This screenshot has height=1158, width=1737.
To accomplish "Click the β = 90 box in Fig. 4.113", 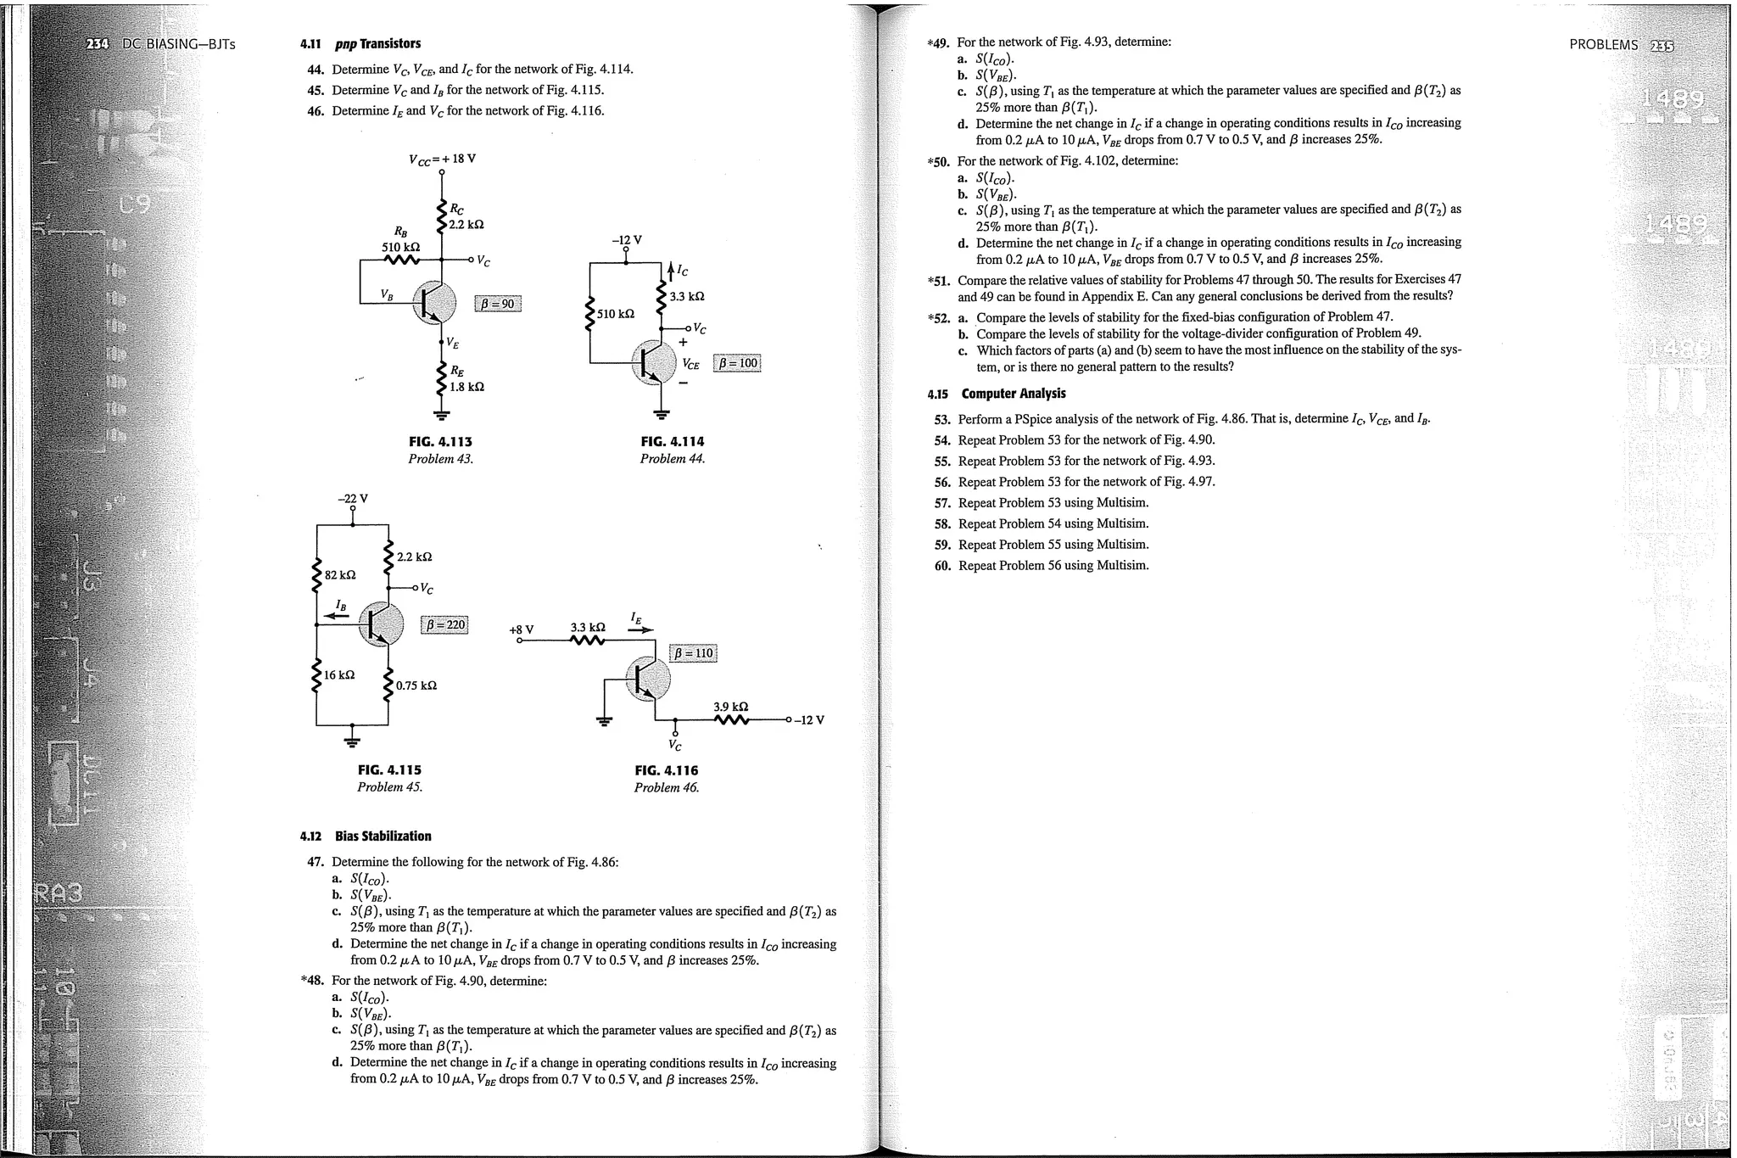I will (x=498, y=304).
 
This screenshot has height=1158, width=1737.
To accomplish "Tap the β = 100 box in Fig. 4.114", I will (x=737, y=363).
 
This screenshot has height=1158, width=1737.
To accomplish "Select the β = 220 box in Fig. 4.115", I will (x=444, y=625).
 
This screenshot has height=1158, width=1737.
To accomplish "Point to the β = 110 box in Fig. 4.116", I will (x=694, y=653).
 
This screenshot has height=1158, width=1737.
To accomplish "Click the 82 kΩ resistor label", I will (x=340, y=575).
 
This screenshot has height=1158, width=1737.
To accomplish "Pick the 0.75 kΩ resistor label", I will (x=416, y=685).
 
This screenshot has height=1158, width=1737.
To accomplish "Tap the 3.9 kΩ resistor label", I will (x=730, y=707).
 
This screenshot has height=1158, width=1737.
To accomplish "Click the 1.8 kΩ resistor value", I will (x=466, y=387).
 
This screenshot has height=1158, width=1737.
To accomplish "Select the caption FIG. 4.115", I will (x=389, y=770).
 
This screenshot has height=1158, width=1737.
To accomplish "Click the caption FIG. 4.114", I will (x=673, y=441).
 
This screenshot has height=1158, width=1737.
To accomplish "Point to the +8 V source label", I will (x=521, y=629).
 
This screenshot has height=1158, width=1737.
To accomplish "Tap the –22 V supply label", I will (x=353, y=498).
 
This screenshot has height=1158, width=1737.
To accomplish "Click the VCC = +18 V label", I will (x=442, y=159).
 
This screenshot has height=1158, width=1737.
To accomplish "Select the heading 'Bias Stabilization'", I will (x=383, y=836).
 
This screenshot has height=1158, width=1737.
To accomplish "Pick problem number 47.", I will (x=316, y=862).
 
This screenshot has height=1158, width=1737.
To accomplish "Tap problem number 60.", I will (x=943, y=566).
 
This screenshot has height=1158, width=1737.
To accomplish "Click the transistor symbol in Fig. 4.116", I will (x=648, y=679).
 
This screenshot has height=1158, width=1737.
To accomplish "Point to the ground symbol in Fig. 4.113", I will (x=441, y=416).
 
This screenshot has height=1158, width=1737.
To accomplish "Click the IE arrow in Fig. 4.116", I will (x=642, y=629).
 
